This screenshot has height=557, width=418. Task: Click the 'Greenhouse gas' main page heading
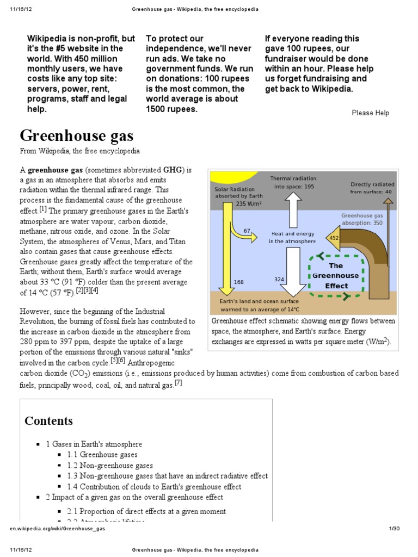tap(77, 136)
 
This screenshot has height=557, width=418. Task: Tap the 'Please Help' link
tap(370, 113)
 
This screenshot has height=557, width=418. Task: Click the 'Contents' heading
tap(48, 420)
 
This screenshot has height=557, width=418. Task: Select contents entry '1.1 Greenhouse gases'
tap(102, 455)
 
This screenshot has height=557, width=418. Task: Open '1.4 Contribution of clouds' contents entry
tap(154, 487)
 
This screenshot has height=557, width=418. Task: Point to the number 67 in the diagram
tap(247, 231)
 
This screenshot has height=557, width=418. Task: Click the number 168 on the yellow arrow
tap(239, 282)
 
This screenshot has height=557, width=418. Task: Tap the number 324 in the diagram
tap(279, 279)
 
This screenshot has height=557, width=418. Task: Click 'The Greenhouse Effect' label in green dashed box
tap(336, 276)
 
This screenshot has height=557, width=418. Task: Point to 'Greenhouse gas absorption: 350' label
tap(361, 219)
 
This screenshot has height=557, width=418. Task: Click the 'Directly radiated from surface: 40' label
tap(372, 188)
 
